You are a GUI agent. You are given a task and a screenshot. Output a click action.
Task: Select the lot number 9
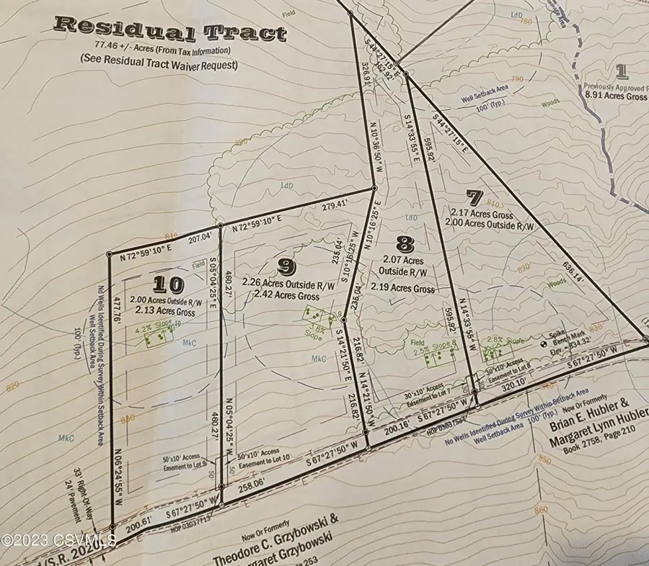(x=287, y=267)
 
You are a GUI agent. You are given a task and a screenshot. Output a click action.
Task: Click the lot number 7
(x=474, y=196)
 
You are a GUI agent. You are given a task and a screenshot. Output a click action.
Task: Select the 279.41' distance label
(x=324, y=205)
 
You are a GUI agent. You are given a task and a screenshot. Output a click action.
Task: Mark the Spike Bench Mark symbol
(x=545, y=344)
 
